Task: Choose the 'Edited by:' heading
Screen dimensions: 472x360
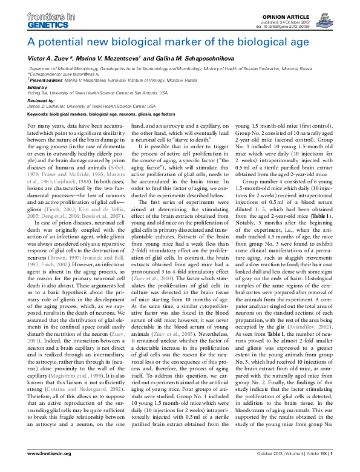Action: [x=38, y=87]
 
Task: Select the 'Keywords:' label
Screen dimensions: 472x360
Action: [x=40, y=114]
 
